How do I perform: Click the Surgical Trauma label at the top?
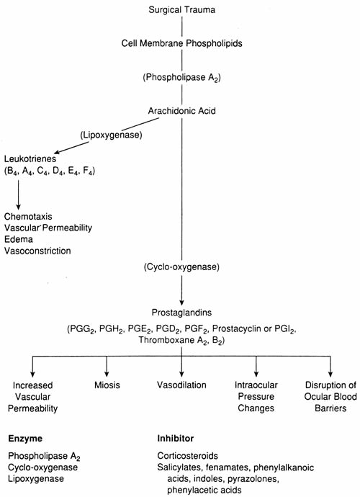pyautogui.click(x=181, y=10)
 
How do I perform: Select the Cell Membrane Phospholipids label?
pyautogui.click(x=181, y=43)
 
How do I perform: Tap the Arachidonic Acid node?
pyautogui.click(x=181, y=111)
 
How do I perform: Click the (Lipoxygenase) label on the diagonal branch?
pyautogui.click(x=111, y=135)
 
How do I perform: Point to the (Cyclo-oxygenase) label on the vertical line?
pyautogui.click(x=181, y=267)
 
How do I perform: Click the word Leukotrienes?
pyautogui.click(x=30, y=158)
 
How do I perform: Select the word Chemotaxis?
pyautogui.click(x=28, y=217)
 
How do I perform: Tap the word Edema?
pyautogui.click(x=19, y=239)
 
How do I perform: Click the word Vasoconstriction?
pyautogui.click(x=37, y=251)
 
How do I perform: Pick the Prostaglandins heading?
pyautogui.click(x=181, y=313)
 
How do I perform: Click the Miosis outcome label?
pyautogui.click(x=107, y=385)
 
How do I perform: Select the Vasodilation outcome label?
pyautogui.click(x=181, y=385)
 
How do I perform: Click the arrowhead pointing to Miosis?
pyautogui.click(x=107, y=374)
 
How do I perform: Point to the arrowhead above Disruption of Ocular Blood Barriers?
pyautogui.click(x=330, y=374)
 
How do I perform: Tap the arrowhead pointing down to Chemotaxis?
pyautogui.click(x=19, y=206)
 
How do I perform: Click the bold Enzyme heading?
pyautogui.click(x=25, y=439)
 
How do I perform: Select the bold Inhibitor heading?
pyautogui.click(x=175, y=439)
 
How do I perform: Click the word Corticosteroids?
pyautogui.click(x=188, y=456)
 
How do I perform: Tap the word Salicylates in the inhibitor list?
pyautogui.click(x=179, y=467)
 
